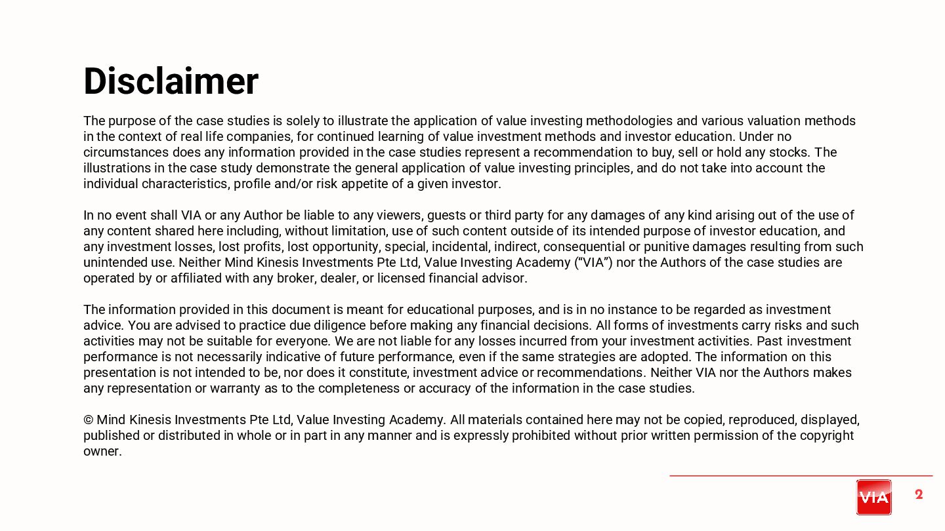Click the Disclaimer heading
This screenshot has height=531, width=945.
coord(171,81)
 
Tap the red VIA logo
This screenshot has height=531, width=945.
coord(873,497)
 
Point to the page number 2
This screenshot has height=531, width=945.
coord(919,494)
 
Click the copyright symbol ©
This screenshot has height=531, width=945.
coord(89,420)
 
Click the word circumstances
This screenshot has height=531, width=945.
coord(126,153)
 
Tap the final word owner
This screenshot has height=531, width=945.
coord(102,452)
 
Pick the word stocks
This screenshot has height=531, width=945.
coord(791,153)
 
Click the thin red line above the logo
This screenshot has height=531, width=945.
coord(801,475)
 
